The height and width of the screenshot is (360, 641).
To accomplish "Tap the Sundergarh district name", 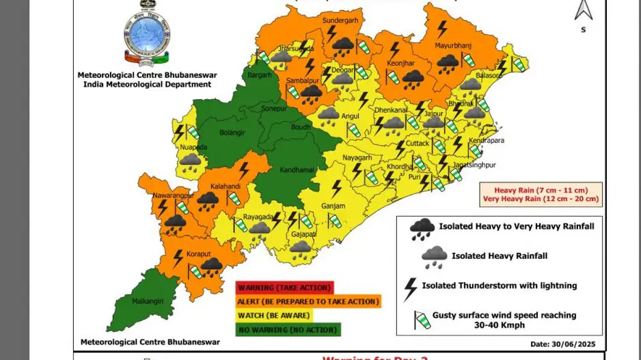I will (339, 21).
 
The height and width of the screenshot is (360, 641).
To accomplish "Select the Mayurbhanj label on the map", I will (454, 46).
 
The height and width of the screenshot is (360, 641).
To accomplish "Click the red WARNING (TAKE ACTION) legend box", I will (284, 288).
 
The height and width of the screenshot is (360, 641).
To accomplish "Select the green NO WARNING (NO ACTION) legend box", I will (288, 330).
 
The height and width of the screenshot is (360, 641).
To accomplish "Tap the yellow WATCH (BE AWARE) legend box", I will (273, 316).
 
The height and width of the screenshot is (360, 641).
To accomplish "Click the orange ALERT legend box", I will (308, 301).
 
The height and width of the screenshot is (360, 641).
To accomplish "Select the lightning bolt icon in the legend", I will (410, 288).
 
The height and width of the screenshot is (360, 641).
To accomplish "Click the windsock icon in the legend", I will (420, 320).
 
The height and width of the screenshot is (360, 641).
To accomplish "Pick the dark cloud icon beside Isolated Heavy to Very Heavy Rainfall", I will (422, 229).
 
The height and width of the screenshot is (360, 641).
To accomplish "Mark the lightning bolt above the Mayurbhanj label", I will (442, 28).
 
